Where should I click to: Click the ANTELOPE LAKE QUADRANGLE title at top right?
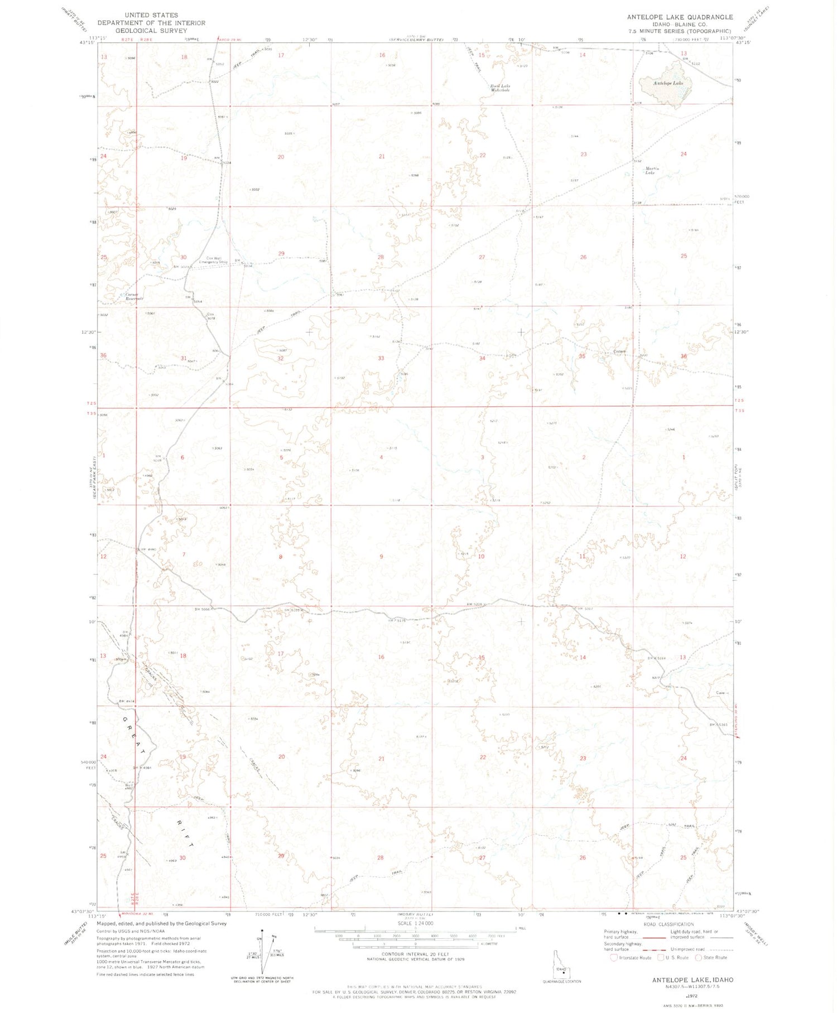pos(680,17)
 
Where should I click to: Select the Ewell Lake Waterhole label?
pos(500,88)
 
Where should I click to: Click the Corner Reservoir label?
pos(134,296)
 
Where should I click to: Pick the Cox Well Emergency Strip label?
pos(217,259)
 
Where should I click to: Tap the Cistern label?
pos(620,351)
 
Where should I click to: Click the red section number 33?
pos(381,358)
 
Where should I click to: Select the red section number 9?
pos(382,557)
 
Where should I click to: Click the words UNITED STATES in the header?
pos(151,15)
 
